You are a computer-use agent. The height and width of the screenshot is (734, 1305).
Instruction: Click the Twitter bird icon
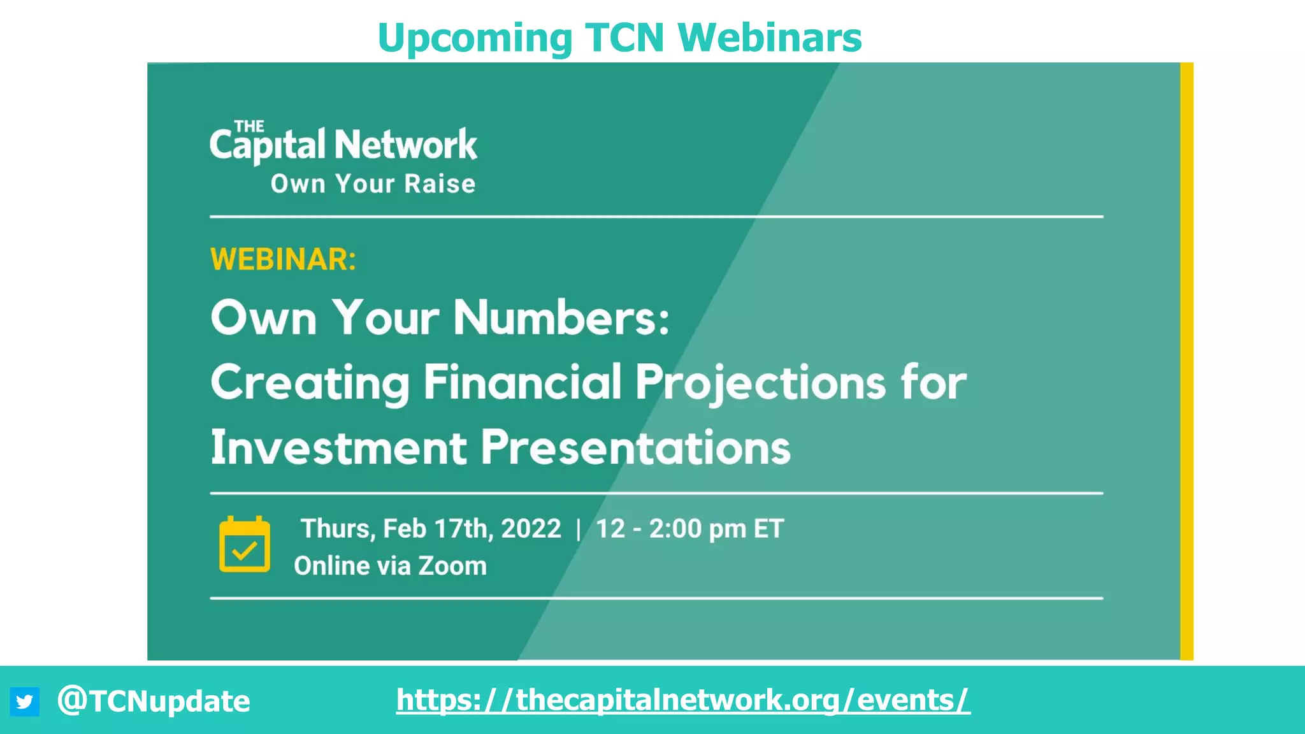coord(24,702)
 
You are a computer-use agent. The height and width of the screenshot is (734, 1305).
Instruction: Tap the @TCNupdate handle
coord(154,702)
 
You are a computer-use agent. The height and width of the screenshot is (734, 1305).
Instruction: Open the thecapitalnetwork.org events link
coord(683,700)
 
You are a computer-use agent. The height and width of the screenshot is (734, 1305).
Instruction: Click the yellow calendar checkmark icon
coord(245,545)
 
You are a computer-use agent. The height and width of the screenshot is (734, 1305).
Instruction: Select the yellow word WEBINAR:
coord(283,259)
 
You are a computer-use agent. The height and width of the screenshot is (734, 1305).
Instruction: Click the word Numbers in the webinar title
coord(561,317)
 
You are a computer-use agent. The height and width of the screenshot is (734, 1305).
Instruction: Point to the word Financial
coord(523,382)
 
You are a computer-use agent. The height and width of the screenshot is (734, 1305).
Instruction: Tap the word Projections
coord(761,384)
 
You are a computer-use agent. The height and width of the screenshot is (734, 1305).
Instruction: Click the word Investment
coord(339,447)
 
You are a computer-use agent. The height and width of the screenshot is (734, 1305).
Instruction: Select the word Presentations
coord(635,447)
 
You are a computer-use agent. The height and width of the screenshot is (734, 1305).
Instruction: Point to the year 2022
coord(531,529)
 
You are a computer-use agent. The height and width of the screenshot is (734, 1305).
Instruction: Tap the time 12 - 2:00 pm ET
coord(689,529)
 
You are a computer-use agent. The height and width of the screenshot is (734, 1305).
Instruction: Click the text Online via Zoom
coord(390,566)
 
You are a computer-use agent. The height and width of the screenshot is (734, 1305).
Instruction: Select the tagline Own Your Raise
coord(373,184)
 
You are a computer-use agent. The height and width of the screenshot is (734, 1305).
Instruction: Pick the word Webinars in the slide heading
coord(769,38)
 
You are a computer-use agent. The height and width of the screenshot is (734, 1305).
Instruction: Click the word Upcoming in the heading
coord(475,39)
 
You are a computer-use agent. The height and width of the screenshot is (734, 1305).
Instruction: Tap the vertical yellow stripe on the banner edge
coord(1186,361)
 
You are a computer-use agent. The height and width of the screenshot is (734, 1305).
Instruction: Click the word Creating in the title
coord(310,384)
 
